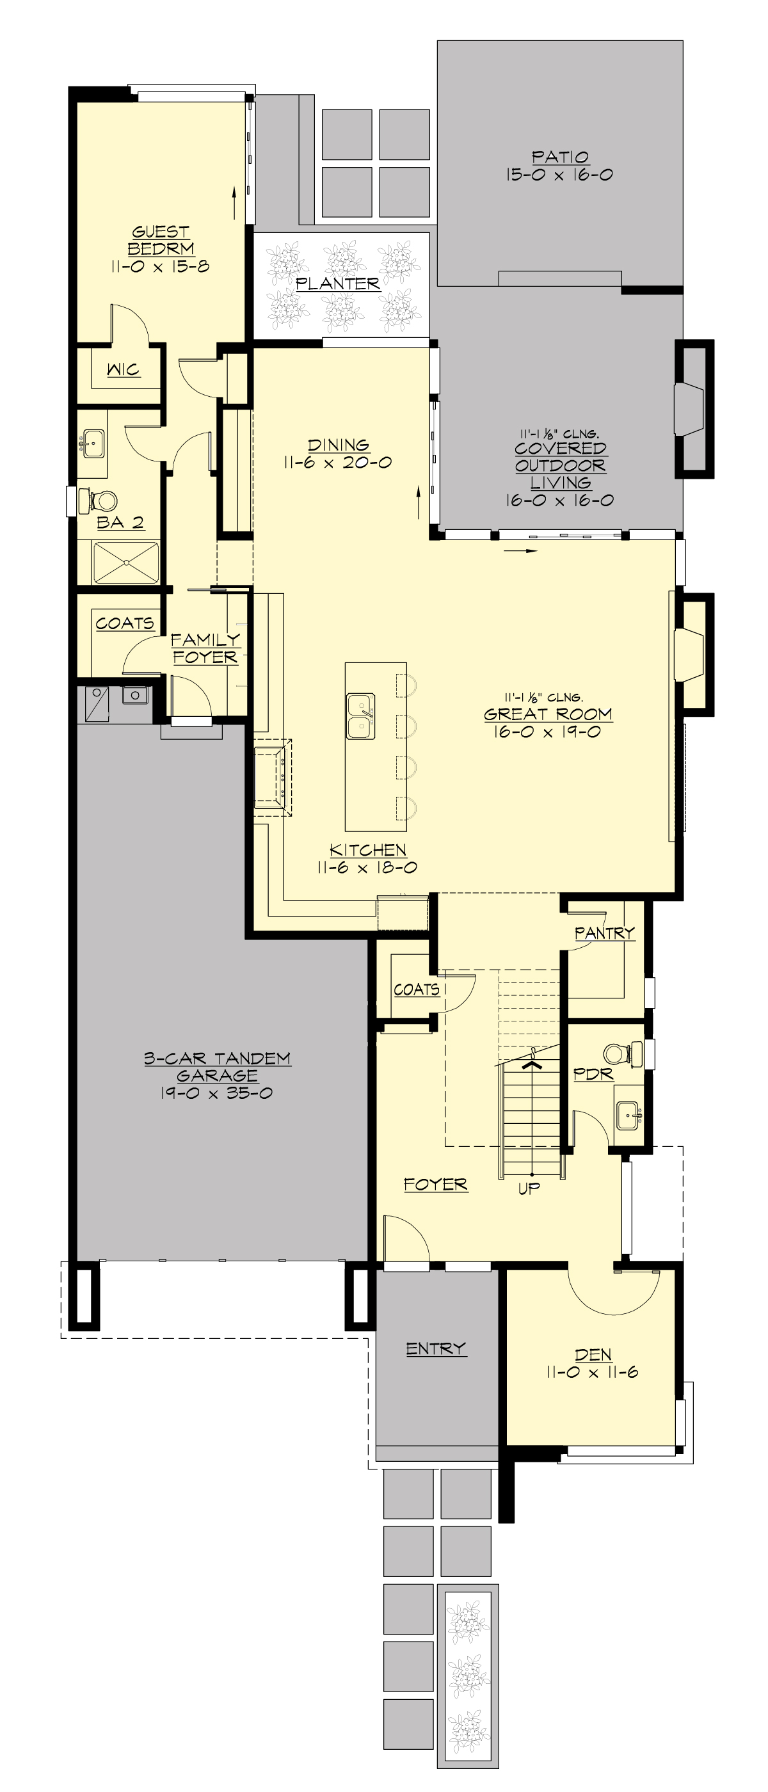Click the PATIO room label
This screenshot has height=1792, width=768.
[560, 157]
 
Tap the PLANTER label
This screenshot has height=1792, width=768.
[337, 284]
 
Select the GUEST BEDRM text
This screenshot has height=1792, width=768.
[161, 240]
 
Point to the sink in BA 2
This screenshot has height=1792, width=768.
[92, 442]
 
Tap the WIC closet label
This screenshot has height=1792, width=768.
[123, 369]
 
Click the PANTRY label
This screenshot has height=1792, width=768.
[605, 932]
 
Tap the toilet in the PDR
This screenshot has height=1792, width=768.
[618, 1053]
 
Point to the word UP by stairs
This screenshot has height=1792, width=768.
[529, 1188]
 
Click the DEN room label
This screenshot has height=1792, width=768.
[593, 1354]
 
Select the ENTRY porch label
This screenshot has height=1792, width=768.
[435, 1348]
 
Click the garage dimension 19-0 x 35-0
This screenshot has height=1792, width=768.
[216, 1093]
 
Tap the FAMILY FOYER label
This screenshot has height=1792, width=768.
[205, 648]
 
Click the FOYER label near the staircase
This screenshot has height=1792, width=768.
[435, 1184]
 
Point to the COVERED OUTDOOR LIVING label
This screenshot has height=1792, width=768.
[561, 465]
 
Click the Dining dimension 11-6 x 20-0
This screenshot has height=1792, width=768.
[338, 463]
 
